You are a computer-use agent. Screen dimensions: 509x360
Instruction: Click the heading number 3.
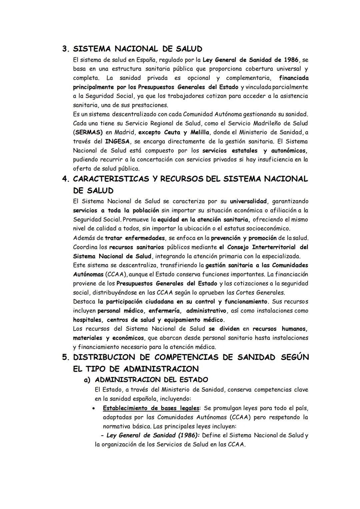65,49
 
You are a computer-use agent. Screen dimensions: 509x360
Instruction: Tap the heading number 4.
65,179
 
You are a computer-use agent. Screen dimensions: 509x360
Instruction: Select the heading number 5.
65,357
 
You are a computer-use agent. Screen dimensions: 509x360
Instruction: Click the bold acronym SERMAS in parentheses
88,132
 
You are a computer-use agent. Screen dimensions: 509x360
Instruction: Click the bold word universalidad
248,201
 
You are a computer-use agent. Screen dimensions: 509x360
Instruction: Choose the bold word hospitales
87,320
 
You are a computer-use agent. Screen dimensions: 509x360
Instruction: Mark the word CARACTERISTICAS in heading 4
111,179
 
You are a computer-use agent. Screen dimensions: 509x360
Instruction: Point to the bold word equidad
169,220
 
